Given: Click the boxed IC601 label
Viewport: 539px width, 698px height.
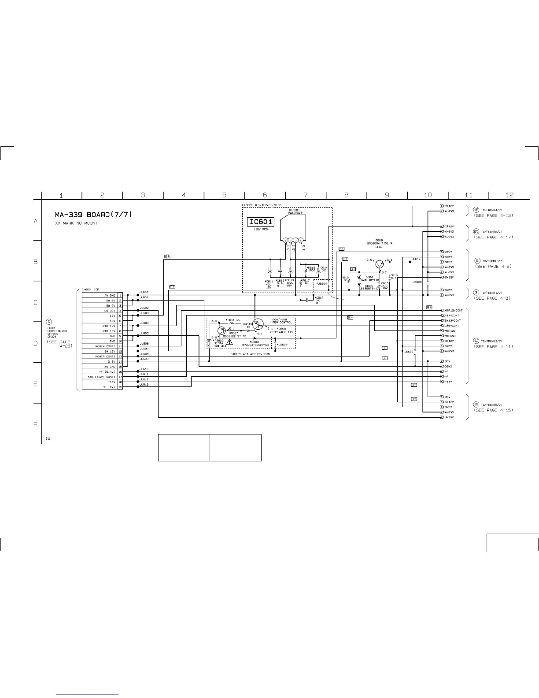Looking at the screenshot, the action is click(x=261, y=222).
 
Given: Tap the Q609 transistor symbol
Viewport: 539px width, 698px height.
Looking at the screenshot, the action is click(x=379, y=264).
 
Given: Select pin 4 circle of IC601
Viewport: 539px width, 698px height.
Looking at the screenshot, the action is click(x=301, y=240).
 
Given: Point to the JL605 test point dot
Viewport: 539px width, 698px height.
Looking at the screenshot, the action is click(x=138, y=336).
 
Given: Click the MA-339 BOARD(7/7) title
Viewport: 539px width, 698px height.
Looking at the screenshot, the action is click(x=93, y=215).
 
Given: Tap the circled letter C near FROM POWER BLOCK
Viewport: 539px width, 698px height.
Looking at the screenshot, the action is click(x=49, y=321).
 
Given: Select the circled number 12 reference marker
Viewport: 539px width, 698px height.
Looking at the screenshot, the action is click(x=476, y=341).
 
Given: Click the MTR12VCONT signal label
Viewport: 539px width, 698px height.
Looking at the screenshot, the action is click(x=453, y=310).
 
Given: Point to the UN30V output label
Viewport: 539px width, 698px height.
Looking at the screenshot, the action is click(x=449, y=417).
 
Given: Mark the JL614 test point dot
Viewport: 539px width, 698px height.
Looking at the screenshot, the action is click(x=410, y=262).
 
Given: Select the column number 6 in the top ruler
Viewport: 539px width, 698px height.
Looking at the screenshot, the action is click(x=265, y=195).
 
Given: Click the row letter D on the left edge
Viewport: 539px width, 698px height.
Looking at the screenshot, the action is click(x=36, y=343).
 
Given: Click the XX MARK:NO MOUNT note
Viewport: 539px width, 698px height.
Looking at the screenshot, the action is click(x=76, y=223).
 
